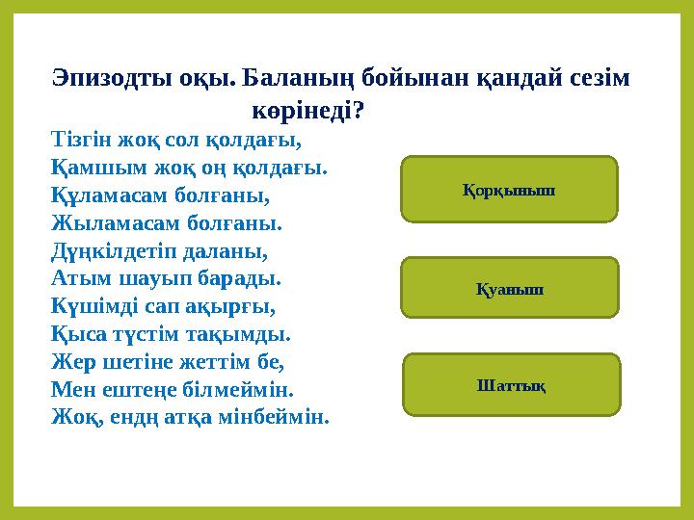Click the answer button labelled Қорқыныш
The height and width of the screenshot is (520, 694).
509,190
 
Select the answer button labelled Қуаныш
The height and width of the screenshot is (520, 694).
509,287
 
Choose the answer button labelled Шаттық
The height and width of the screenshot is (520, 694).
511,384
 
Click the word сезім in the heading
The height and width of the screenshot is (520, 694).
597,79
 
